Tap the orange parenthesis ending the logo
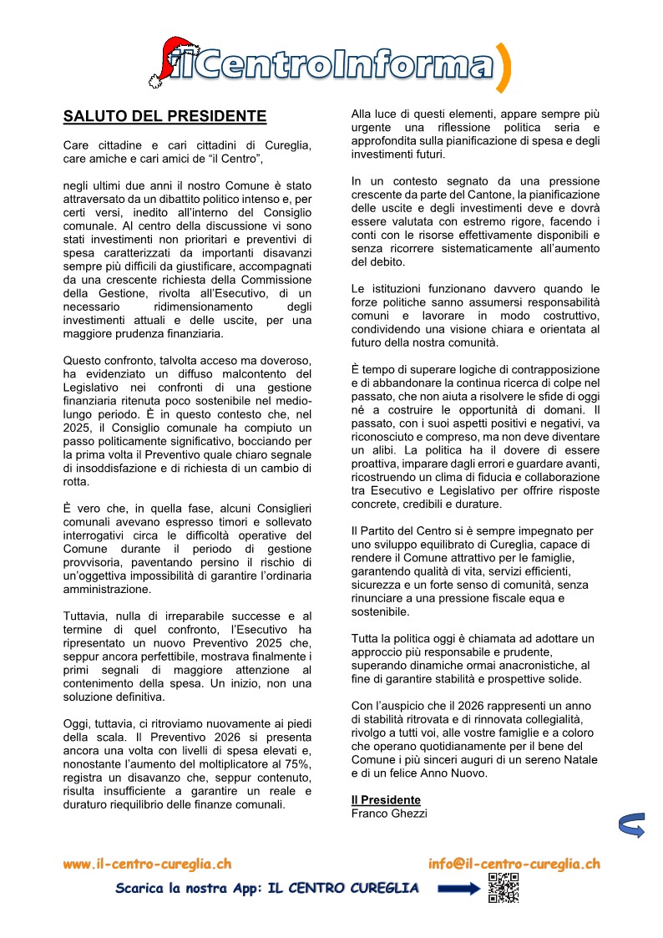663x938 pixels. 503,67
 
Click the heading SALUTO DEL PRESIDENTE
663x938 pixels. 164,116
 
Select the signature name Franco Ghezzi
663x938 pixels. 388,813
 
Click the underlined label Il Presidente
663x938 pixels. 386,800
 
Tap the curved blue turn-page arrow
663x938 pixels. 630,824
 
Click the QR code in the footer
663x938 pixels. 503,887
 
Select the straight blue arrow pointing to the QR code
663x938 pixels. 456,888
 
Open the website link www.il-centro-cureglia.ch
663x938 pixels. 147,864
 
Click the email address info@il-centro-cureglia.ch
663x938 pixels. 514,864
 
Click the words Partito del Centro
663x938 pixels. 407,531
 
